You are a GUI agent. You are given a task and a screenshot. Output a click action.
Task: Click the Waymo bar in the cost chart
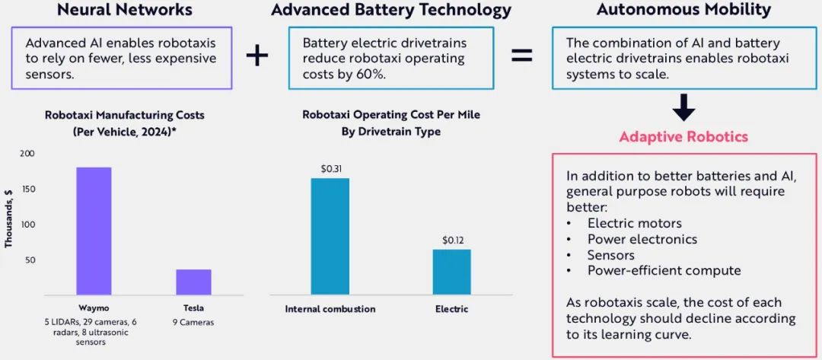tap(94, 231)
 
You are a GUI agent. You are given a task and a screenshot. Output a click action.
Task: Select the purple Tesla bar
tap(193, 282)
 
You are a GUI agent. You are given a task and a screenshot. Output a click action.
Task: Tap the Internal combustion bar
tap(330, 236)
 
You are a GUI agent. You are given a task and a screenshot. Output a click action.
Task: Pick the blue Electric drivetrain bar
tap(452, 272)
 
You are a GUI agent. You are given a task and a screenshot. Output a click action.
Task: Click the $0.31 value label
tap(330, 168)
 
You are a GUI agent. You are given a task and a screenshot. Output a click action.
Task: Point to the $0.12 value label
tap(452, 240)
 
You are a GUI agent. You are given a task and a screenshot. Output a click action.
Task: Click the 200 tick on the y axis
tap(27, 154)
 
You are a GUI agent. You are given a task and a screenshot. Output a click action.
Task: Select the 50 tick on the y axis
tap(30, 260)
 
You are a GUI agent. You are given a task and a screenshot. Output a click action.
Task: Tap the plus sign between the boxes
tap(258, 56)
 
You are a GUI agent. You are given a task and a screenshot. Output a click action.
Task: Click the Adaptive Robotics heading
tap(683, 137)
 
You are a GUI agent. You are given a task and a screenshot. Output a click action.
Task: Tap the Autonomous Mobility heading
tap(683, 10)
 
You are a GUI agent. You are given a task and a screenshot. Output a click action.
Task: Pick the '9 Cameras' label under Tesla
tap(193, 322)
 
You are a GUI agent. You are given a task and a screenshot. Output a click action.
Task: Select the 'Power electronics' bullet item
tap(642, 239)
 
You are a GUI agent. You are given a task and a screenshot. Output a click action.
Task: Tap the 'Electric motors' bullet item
tap(634, 224)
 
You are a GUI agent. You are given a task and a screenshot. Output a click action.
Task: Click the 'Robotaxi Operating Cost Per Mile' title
tap(391, 115)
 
